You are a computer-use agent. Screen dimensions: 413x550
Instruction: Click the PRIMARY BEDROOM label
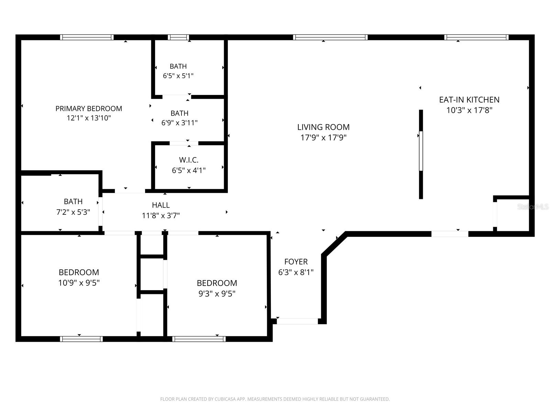tap(89, 108)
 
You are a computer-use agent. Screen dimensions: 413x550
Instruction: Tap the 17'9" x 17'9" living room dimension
tap(323, 138)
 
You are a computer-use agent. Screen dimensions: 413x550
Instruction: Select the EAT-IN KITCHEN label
tap(469, 100)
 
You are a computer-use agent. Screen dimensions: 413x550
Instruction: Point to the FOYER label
tap(296, 262)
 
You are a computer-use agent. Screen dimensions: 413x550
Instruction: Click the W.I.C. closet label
tap(189, 160)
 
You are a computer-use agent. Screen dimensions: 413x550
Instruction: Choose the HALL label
tap(161, 205)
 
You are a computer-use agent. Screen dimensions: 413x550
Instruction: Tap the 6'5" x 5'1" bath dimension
tap(178, 76)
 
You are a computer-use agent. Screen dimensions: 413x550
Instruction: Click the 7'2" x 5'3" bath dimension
tap(73, 212)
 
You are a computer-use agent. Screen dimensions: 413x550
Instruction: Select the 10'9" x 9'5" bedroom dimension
tap(79, 283)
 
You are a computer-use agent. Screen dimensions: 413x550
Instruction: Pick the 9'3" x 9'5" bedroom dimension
tap(217, 294)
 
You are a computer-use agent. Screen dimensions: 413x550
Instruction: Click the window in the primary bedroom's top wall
tap(87, 37)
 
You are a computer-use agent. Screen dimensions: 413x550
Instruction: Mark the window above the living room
tap(330, 37)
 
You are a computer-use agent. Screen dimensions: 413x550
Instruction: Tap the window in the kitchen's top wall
tap(476, 37)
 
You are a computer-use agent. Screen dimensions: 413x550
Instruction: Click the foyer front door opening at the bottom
tap(297, 321)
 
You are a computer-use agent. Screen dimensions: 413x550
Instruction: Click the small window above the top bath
tap(178, 37)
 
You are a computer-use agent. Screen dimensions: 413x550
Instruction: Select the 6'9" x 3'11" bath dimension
tap(179, 123)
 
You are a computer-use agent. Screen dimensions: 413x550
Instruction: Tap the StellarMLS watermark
tap(533, 206)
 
